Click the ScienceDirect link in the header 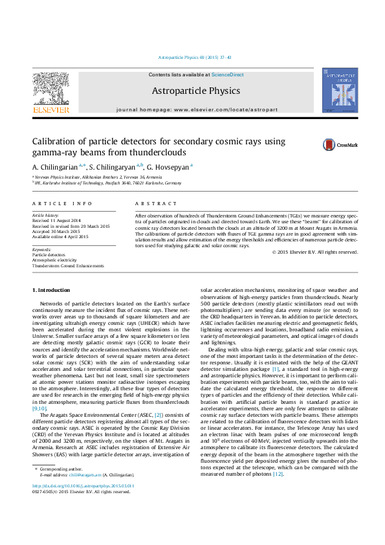227,75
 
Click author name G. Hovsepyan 171,167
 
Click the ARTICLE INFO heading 58,203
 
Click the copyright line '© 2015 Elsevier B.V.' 314,252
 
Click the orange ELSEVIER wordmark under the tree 50,110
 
